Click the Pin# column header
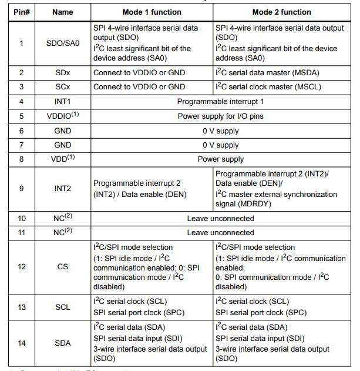click(x=22, y=12)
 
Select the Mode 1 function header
click(x=151, y=12)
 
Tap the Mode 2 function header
click(x=282, y=12)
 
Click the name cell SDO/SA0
click(x=62, y=43)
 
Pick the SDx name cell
click(x=62, y=72)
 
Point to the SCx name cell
click(x=62, y=86)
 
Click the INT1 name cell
click(x=62, y=101)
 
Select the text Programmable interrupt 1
click(x=220, y=101)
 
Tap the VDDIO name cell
click(x=62, y=116)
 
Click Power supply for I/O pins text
click(x=220, y=116)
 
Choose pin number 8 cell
click(x=22, y=159)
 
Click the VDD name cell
click(x=62, y=159)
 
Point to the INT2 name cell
click(x=62, y=189)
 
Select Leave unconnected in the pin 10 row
click(x=220, y=218)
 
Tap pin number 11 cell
click(x=22, y=232)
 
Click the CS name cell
click(x=62, y=267)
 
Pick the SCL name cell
click(x=62, y=307)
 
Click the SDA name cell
click(x=62, y=343)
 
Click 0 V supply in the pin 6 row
click(x=220, y=131)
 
